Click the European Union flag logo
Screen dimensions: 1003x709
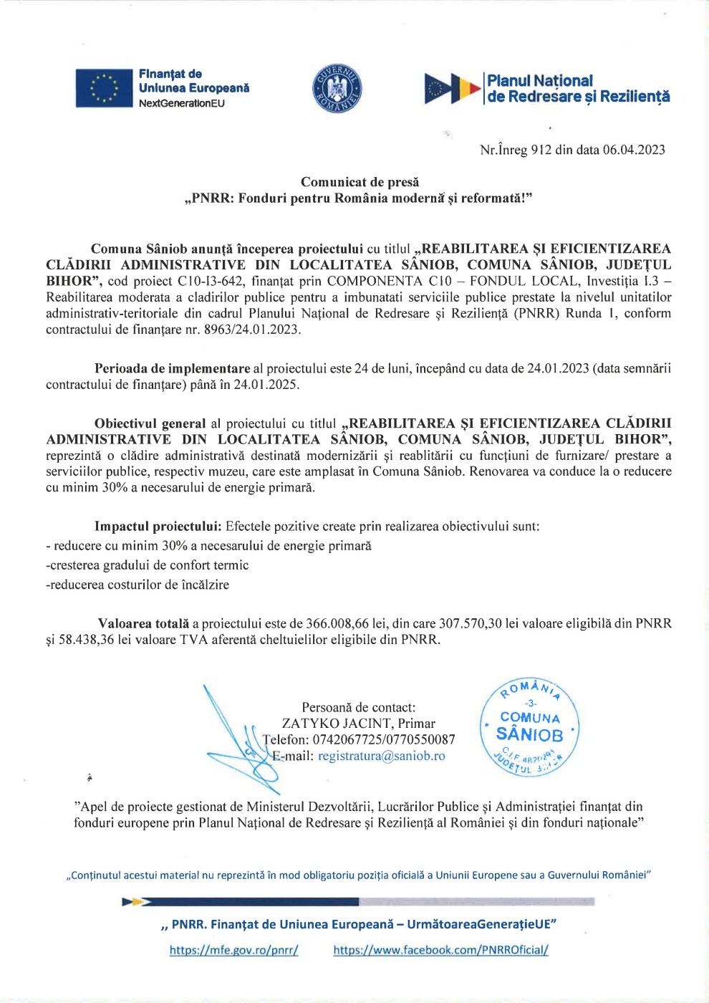pos(105,88)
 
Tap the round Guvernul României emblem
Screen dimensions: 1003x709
pos(337,89)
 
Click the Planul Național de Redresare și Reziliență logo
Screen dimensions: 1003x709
pos(547,89)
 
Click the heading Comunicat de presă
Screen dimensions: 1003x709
pos(360,182)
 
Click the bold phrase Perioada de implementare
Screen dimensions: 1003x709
pos(173,368)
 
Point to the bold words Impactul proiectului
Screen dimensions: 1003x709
pos(158,526)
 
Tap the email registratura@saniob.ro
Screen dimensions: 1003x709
pos(381,756)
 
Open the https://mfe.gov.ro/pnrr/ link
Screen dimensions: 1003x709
pos(233,950)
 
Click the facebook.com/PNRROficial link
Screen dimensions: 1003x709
pos(440,950)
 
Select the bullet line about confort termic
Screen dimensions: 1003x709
pos(148,565)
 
